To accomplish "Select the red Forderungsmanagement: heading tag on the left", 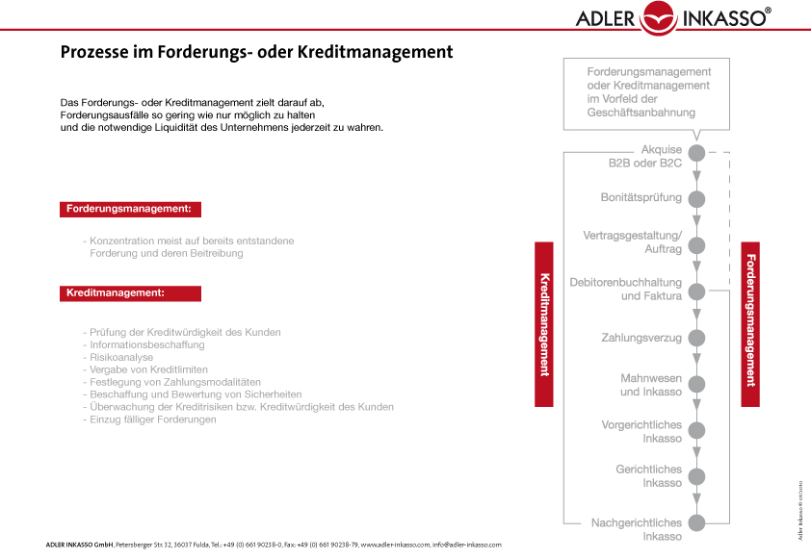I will pos(130,209).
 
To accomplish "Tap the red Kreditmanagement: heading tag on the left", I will pos(130,292).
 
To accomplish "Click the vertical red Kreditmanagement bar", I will pos(544,324).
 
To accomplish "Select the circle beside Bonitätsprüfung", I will pos(697,199).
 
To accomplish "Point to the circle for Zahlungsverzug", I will pos(697,339).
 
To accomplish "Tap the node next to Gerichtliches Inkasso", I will pos(697,476).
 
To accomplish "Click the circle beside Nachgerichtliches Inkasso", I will pos(697,522).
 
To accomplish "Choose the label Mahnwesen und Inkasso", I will pos(650,385).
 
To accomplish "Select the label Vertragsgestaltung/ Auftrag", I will pos(633,242).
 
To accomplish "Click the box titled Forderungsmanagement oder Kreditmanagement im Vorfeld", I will pos(648,92).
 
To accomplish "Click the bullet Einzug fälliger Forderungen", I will pos(152,419).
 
